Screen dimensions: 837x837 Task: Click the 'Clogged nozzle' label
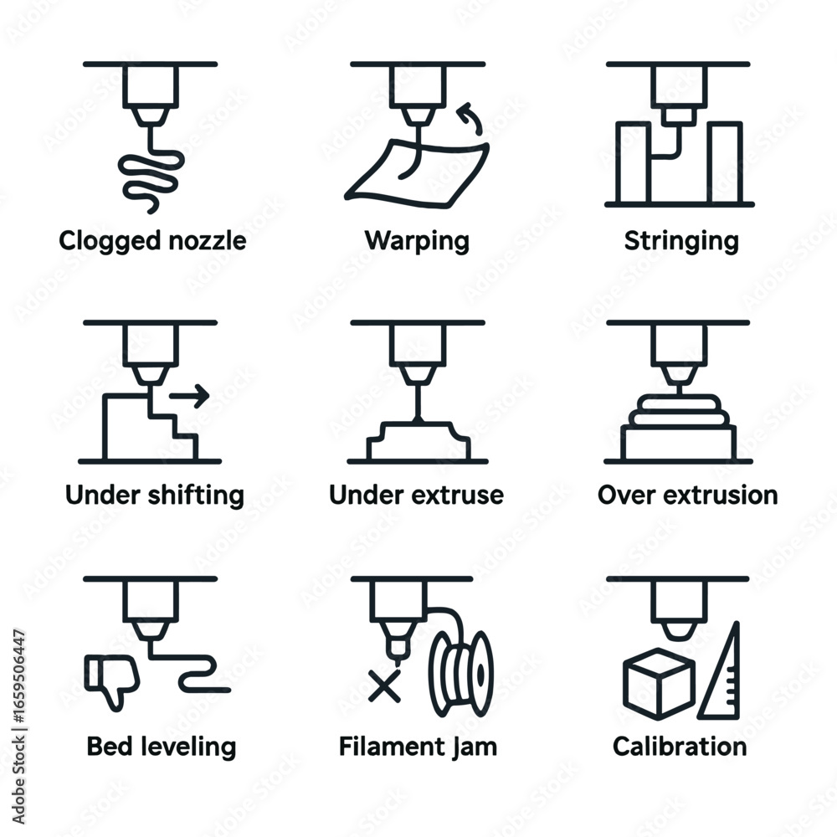(152, 241)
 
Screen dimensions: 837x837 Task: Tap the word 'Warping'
(417, 241)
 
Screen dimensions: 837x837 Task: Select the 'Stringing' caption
(681, 241)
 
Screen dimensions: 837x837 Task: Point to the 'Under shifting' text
(154, 495)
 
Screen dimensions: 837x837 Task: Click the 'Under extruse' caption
(416, 495)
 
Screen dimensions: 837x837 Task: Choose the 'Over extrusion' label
(687, 495)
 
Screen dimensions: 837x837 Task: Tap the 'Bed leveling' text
(161, 746)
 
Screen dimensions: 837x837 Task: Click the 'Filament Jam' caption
(418, 746)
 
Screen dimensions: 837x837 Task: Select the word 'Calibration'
(680, 746)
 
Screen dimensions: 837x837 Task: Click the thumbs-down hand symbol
(111, 677)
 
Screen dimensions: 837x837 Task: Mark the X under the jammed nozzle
(384, 686)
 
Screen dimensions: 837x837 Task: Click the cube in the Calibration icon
(659, 682)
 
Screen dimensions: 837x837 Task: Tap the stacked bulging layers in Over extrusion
(679, 409)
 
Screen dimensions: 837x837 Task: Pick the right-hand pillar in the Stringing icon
(726, 162)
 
